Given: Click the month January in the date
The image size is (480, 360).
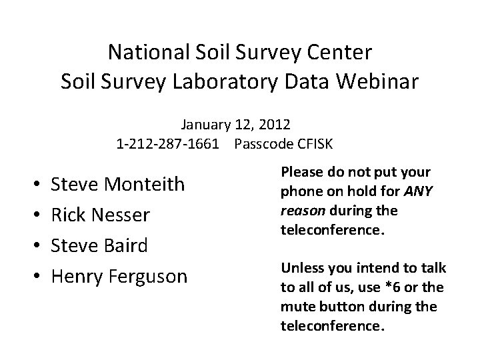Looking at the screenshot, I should pos(204,124).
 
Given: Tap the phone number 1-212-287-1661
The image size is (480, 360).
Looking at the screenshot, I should pos(167,143).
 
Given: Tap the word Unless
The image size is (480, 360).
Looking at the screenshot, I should pos(299,267).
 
